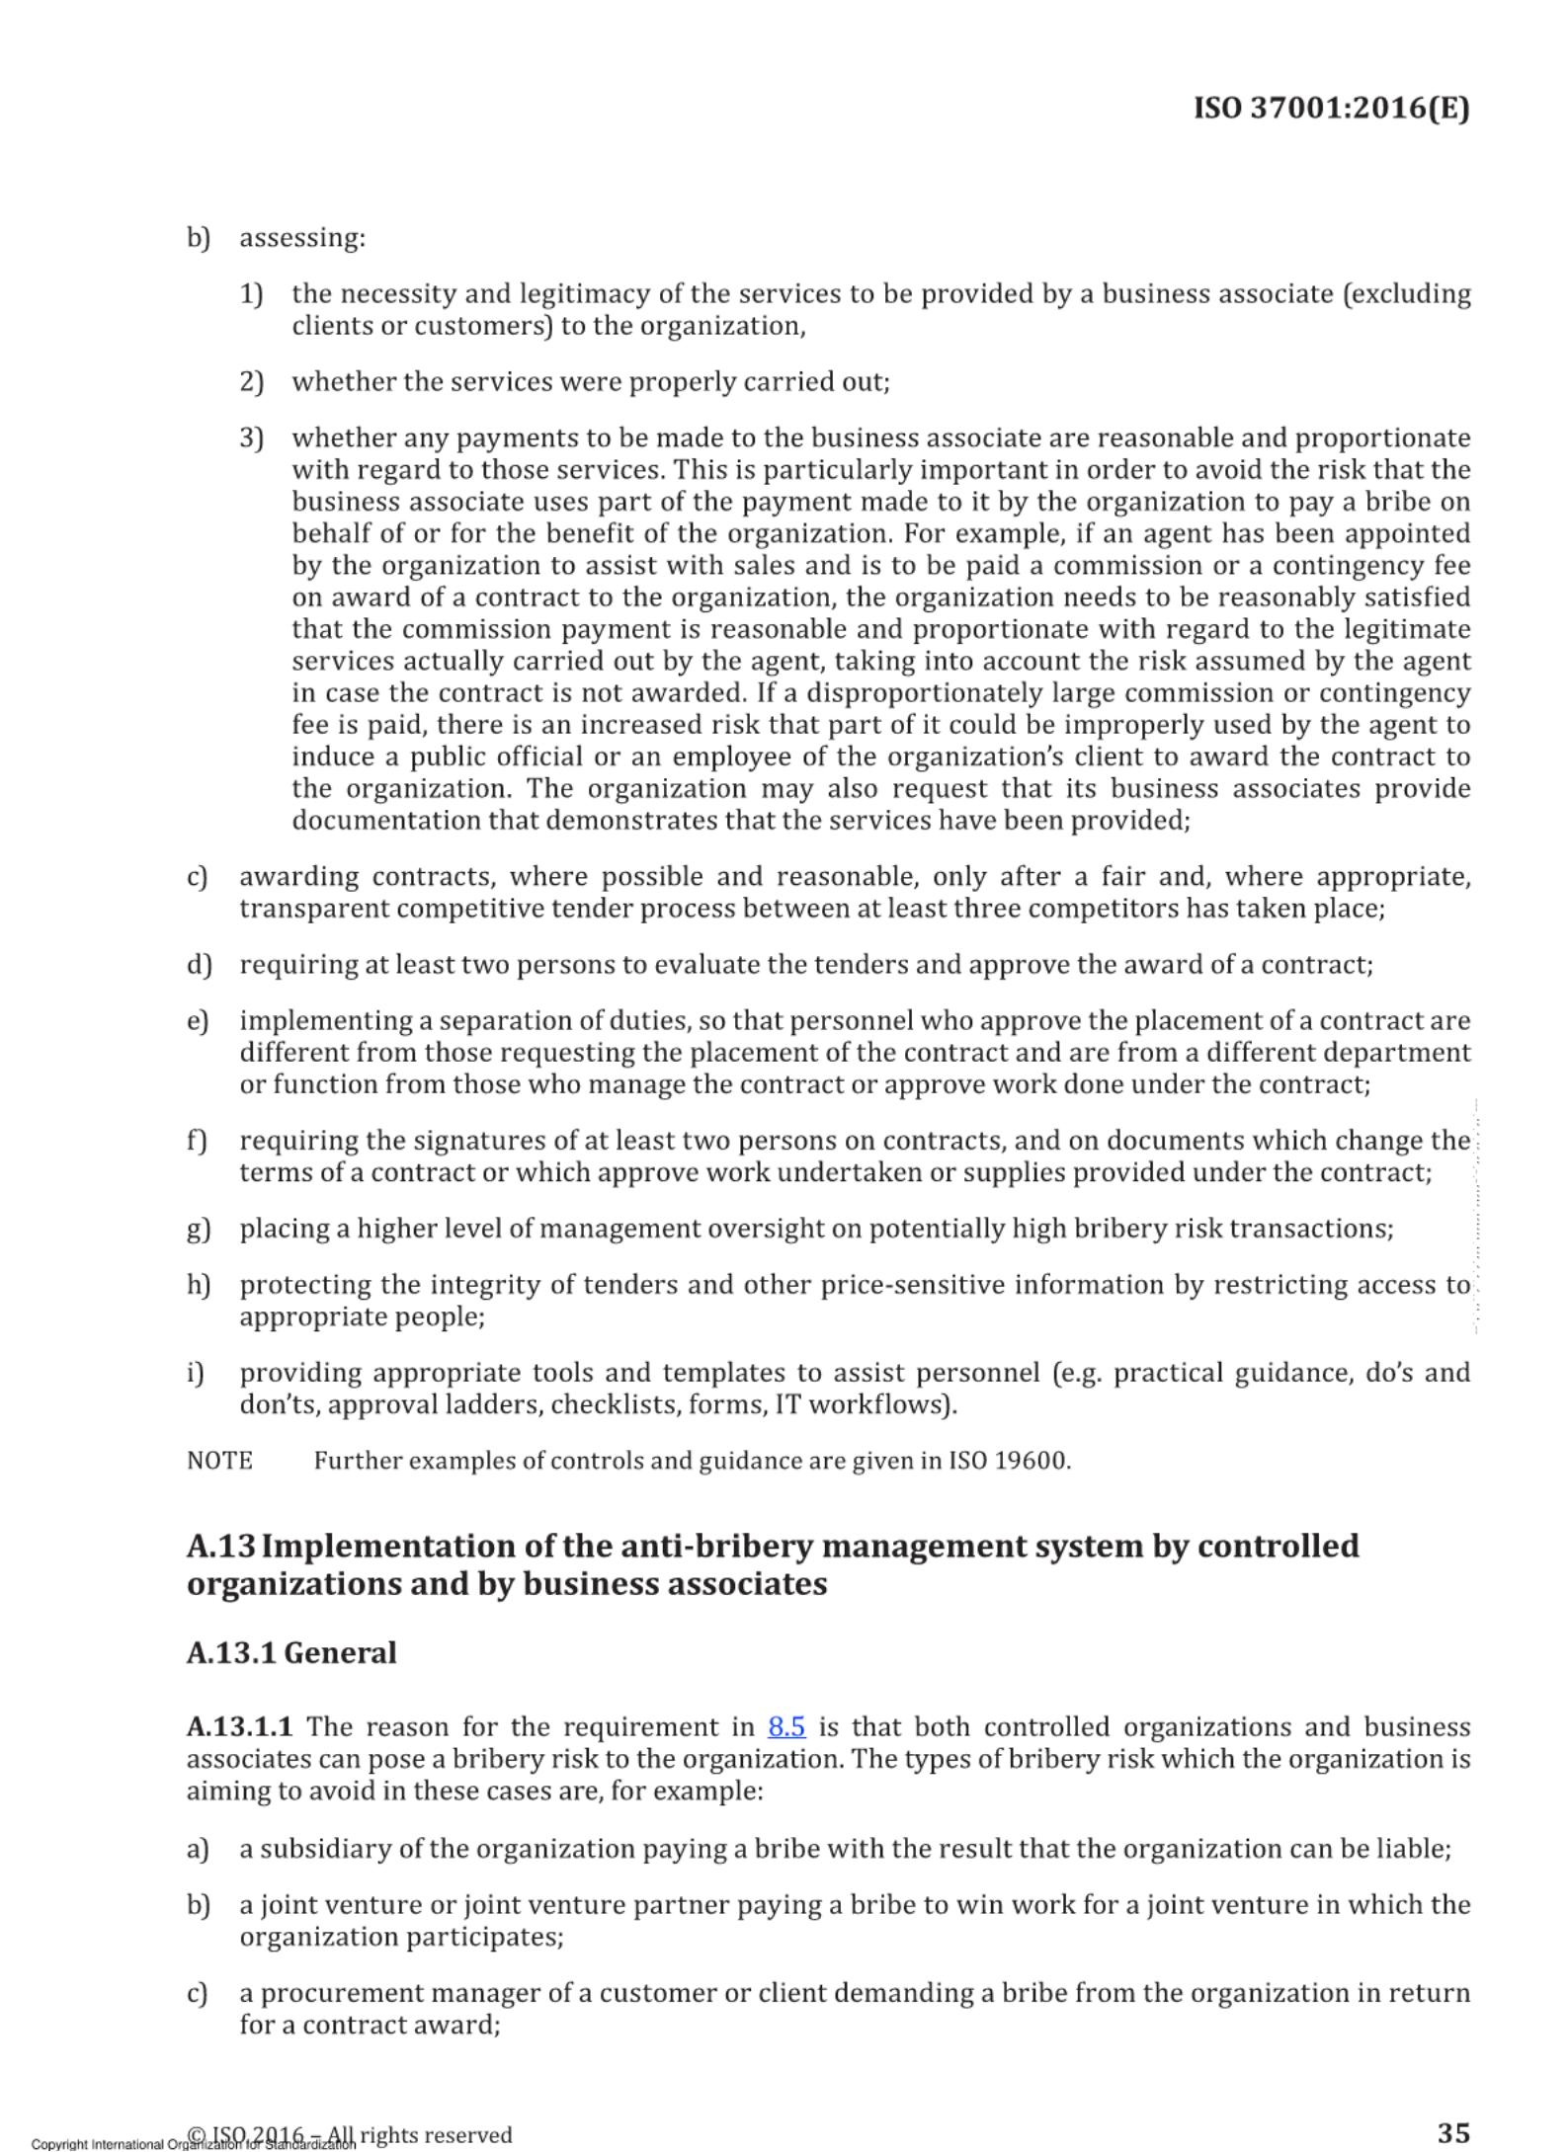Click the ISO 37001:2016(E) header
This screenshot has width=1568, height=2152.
1331,108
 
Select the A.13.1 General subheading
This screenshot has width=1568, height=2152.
291,1653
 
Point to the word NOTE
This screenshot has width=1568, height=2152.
219,1461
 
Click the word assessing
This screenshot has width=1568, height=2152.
302,238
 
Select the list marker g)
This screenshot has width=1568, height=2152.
199,1229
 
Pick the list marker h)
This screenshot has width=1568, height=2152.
199,1285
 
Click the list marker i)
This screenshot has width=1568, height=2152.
196,1373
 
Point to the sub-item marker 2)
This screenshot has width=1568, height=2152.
251,382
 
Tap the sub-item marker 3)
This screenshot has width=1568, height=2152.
251,438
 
